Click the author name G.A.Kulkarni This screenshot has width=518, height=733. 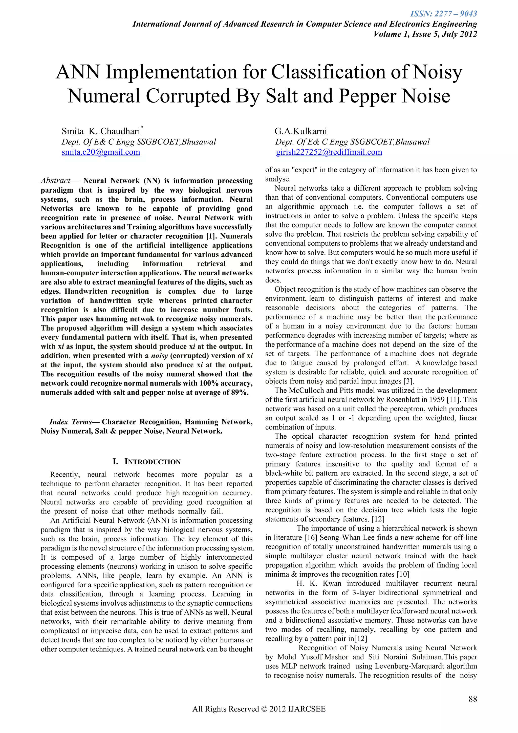[300, 131]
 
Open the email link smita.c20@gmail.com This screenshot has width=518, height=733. [101, 152]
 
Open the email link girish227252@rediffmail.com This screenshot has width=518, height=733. [329, 152]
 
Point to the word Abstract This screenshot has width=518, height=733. [55, 181]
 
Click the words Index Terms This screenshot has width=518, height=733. [70, 422]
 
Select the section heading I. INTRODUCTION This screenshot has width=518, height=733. [146, 462]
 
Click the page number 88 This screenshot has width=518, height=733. [473, 699]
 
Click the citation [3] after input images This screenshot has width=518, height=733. [408, 381]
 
